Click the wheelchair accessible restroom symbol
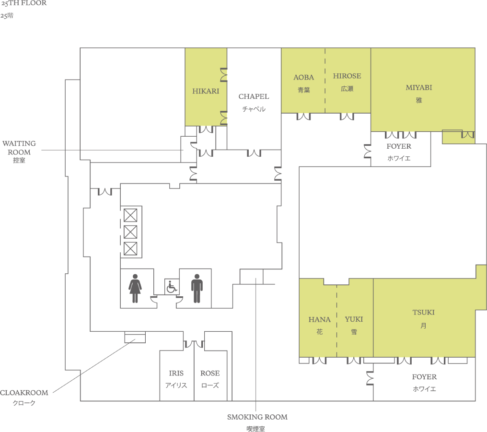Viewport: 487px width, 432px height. click(x=172, y=287)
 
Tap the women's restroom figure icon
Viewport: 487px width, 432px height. click(x=135, y=288)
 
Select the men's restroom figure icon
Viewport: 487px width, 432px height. click(x=197, y=288)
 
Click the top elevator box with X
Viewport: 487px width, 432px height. click(x=130, y=215)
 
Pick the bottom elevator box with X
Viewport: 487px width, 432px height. click(x=130, y=248)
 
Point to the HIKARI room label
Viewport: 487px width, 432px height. click(x=206, y=91)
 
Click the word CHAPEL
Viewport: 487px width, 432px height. click(x=254, y=96)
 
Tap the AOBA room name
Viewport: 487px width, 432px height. click(x=304, y=77)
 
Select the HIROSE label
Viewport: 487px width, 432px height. click(x=347, y=76)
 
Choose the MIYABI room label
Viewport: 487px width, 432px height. click(x=419, y=88)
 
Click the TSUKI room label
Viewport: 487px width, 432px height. click(x=423, y=313)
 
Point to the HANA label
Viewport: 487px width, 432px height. click(x=320, y=320)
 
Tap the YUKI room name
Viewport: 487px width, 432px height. click(x=354, y=319)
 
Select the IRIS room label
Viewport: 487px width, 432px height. click(x=176, y=374)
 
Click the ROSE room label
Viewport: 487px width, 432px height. click(x=210, y=374)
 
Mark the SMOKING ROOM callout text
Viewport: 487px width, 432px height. click(x=257, y=417)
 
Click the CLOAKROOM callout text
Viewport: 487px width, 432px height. click(x=24, y=393)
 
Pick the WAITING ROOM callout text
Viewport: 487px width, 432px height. click(x=19, y=148)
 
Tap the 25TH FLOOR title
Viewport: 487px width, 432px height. click(x=23, y=3)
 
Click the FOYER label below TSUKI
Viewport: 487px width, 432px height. click(x=424, y=377)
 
